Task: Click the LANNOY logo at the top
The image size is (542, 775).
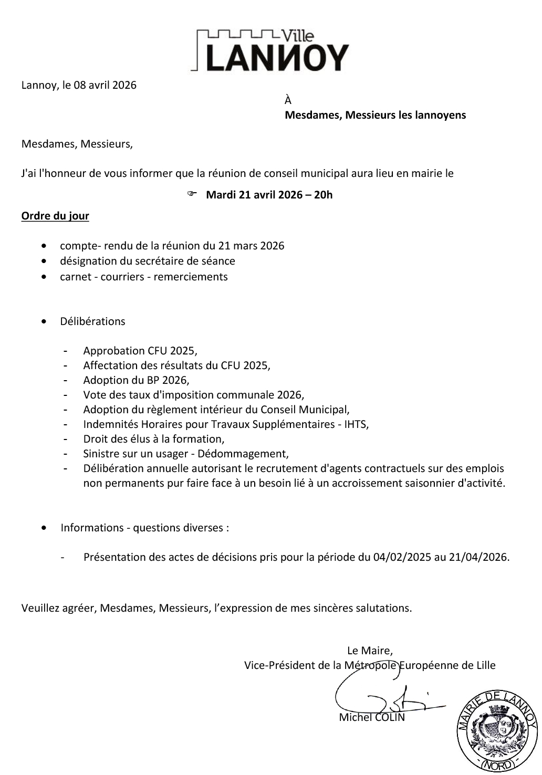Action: coord(270,51)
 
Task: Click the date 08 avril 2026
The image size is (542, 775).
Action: coord(105,85)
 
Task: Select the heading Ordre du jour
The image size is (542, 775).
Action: coord(55,216)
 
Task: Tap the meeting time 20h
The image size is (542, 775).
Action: coord(323,195)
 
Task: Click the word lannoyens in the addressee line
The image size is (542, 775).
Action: coord(440,115)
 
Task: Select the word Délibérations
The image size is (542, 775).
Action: coord(92,321)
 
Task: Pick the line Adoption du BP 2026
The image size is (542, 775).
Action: coord(136,380)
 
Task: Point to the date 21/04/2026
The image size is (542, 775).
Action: coord(478,557)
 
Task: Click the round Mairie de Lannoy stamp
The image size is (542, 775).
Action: coord(496,731)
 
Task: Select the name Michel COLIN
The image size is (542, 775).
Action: coord(372,717)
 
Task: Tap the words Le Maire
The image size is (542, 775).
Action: coord(370,651)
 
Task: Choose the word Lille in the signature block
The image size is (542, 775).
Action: coord(484,665)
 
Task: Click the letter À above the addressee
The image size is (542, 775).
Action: coord(288,100)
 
